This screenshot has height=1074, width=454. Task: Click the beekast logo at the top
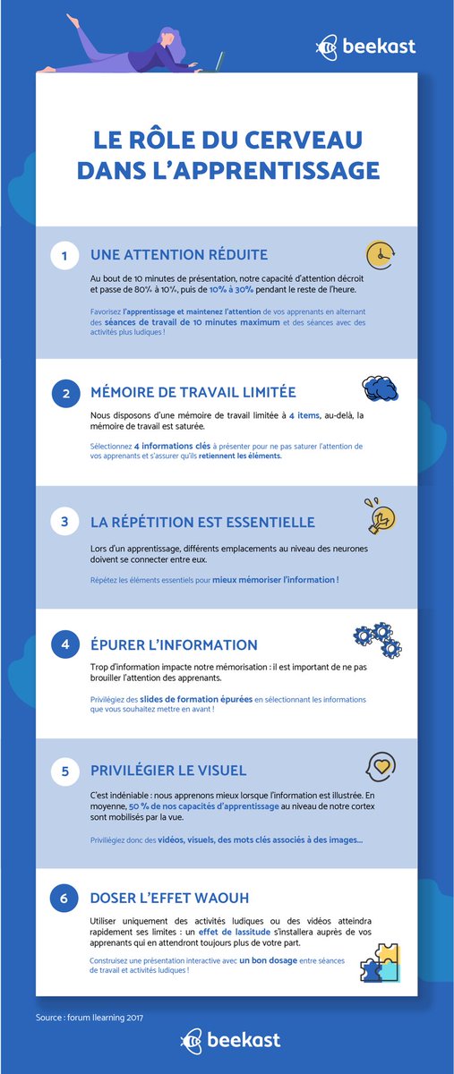[x=366, y=46]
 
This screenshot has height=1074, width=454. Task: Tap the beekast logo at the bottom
[x=230, y=1039]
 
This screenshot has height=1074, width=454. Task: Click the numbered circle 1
[x=64, y=256]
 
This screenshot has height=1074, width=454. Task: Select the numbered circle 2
[x=64, y=392]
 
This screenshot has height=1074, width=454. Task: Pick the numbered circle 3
[x=64, y=521]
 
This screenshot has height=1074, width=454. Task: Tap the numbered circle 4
[x=64, y=644]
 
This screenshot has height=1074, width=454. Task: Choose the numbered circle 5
[x=64, y=770]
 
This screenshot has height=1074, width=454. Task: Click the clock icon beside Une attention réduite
[x=381, y=254]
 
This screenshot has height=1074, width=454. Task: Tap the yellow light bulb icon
[x=379, y=516]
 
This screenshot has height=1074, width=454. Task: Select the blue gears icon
[x=378, y=639]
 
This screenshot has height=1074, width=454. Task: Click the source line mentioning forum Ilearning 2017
[x=90, y=1017]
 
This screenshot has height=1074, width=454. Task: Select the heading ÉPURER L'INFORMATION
[x=174, y=644]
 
